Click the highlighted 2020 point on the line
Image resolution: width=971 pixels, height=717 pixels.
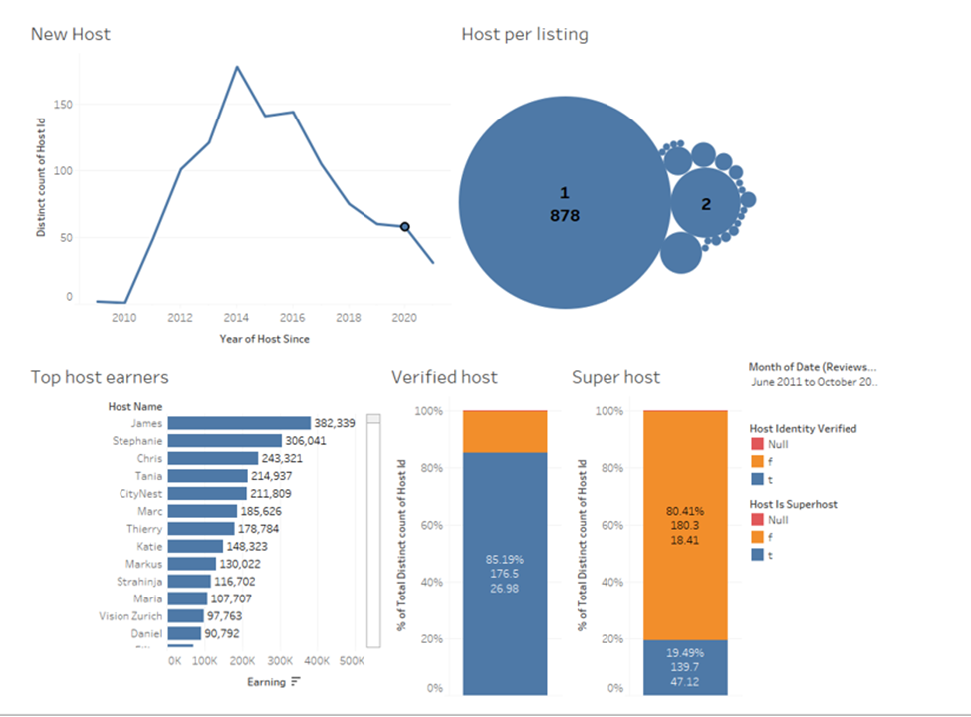[405, 227]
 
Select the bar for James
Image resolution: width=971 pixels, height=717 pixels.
[240, 423]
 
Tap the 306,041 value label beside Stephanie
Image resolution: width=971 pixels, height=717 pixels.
[306, 441]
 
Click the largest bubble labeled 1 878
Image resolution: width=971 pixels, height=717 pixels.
[564, 203]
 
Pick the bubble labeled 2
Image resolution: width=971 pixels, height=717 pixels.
[706, 204]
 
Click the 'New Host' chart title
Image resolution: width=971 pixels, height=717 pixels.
[71, 34]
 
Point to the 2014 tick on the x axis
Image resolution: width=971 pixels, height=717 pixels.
[236, 318]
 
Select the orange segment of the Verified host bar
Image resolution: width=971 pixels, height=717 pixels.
[505, 432]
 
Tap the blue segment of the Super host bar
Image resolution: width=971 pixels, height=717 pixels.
[685, 666]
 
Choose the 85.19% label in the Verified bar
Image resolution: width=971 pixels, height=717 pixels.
[505, 558]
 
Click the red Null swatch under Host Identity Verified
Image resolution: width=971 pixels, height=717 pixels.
[756, 445]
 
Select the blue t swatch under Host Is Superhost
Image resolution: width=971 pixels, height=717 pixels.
[756, 556]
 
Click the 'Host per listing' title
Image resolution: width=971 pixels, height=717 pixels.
[525, 34]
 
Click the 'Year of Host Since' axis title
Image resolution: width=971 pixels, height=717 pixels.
[264, 339]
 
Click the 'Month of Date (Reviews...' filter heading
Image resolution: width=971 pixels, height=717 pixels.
[813, 367]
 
